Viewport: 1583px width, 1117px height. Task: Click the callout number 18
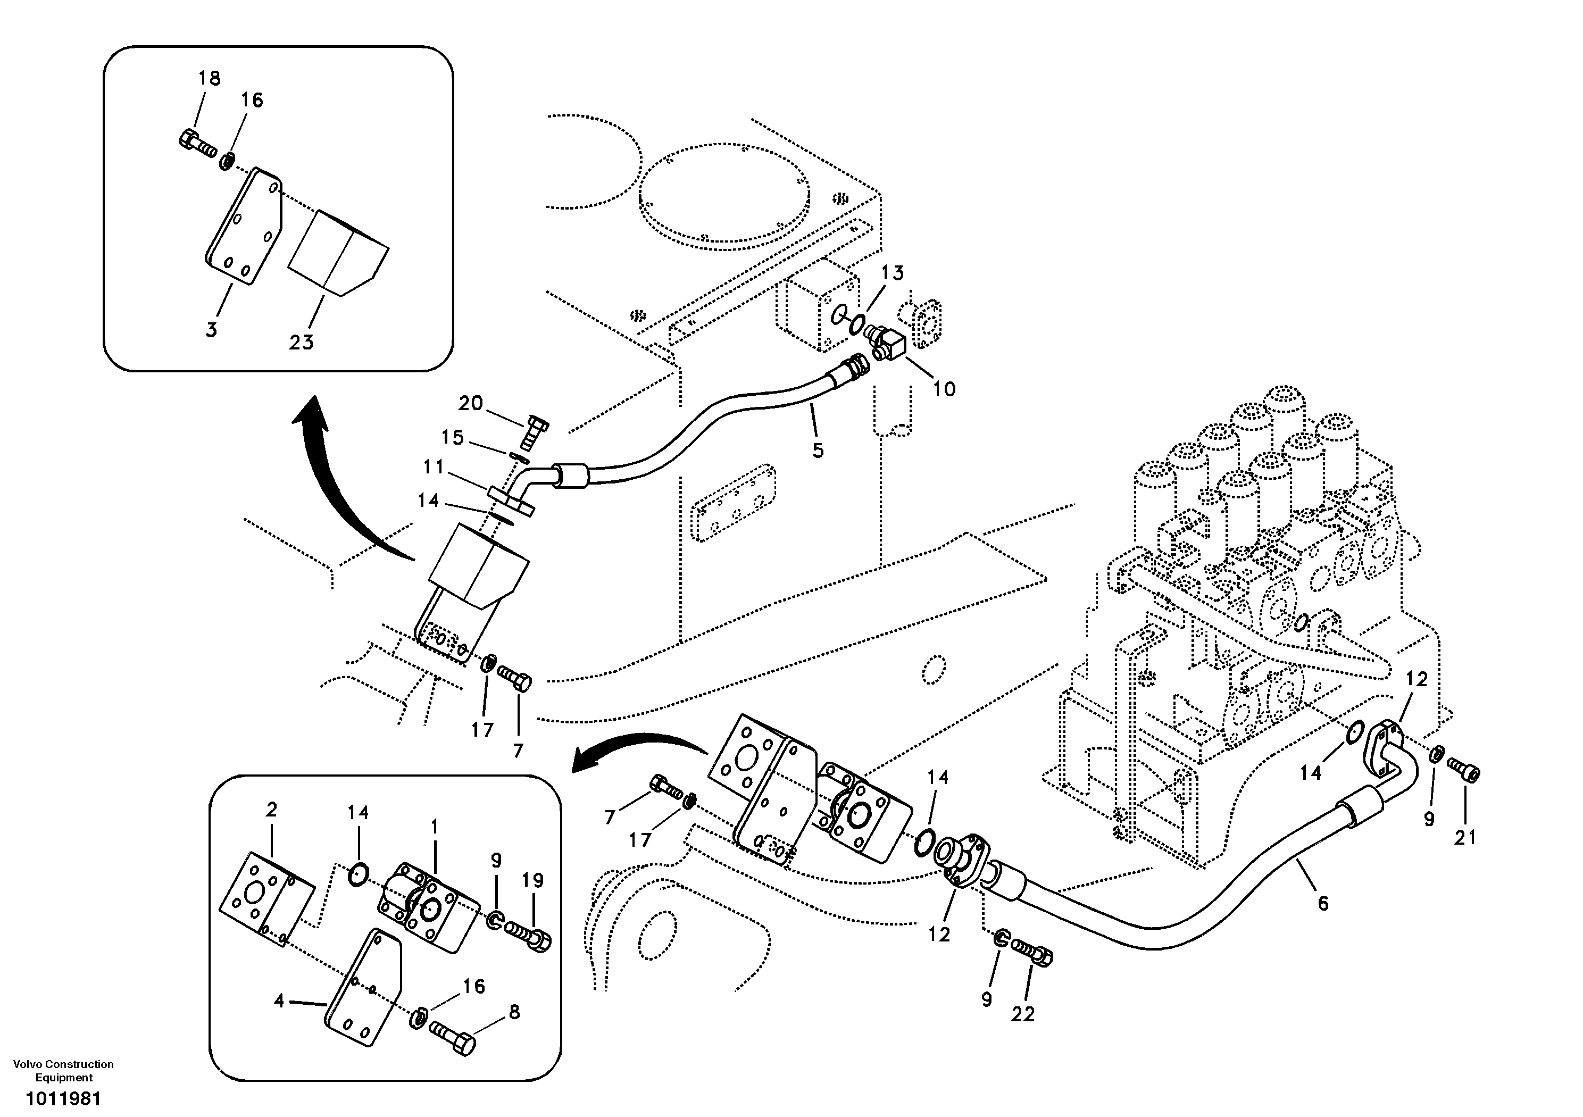click(x=209, y=79)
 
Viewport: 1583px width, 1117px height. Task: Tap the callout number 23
click(x=301, y=342)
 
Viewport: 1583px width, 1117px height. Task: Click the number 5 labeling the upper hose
click(x=818, y=451)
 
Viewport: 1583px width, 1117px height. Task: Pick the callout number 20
click(x=471, y=403)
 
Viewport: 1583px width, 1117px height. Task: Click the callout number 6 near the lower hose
click(x=1322, y=903)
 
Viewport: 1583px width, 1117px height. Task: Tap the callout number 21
click(x=1465, y=838)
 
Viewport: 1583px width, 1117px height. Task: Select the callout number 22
click(x=1023, y=1015)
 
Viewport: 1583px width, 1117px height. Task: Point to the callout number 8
click(x=514, y=1012)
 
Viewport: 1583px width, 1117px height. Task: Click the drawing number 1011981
click(x=63, y=1098)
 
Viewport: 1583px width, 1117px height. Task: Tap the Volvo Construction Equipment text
click(x=63, y=1071)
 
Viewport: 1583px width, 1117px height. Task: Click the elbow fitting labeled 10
click(x=885, y=342)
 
